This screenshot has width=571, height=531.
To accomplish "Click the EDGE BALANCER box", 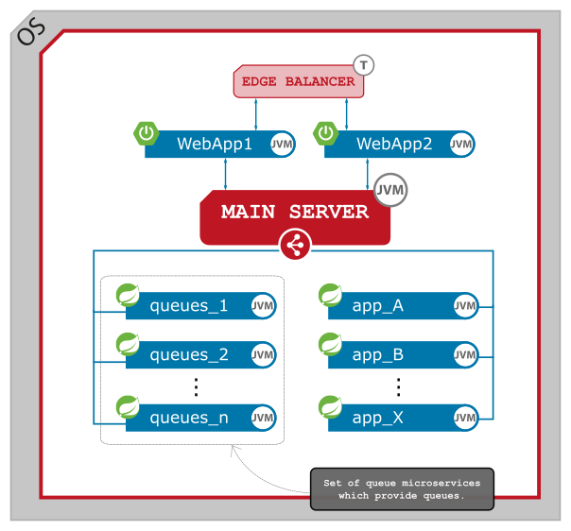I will click(298, 81).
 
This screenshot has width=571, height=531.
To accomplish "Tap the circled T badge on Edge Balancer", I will click(364, 65).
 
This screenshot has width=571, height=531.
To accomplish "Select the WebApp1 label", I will click(215, 145).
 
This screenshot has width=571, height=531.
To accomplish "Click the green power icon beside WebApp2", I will click(326, 133).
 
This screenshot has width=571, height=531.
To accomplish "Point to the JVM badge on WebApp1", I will click(282, 145).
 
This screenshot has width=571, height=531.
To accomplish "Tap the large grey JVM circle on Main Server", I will click(390, 190).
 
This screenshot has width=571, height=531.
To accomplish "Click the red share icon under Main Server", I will click(295, 247).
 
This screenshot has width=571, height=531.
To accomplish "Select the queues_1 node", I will click(189, 306).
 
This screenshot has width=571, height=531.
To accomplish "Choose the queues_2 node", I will click(189, 355).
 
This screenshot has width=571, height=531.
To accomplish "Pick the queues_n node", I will click(189, 418).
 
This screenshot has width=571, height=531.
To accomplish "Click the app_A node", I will click(378, 306).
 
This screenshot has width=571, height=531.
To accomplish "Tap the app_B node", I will click(378, 355).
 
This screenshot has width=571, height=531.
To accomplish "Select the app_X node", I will click(378, 418).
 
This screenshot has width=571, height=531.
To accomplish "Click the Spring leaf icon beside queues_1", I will click(128, 295).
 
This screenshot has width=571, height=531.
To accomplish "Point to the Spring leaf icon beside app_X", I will click(331, 406).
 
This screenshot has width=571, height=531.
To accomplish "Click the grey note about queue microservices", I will click(401, 488).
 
